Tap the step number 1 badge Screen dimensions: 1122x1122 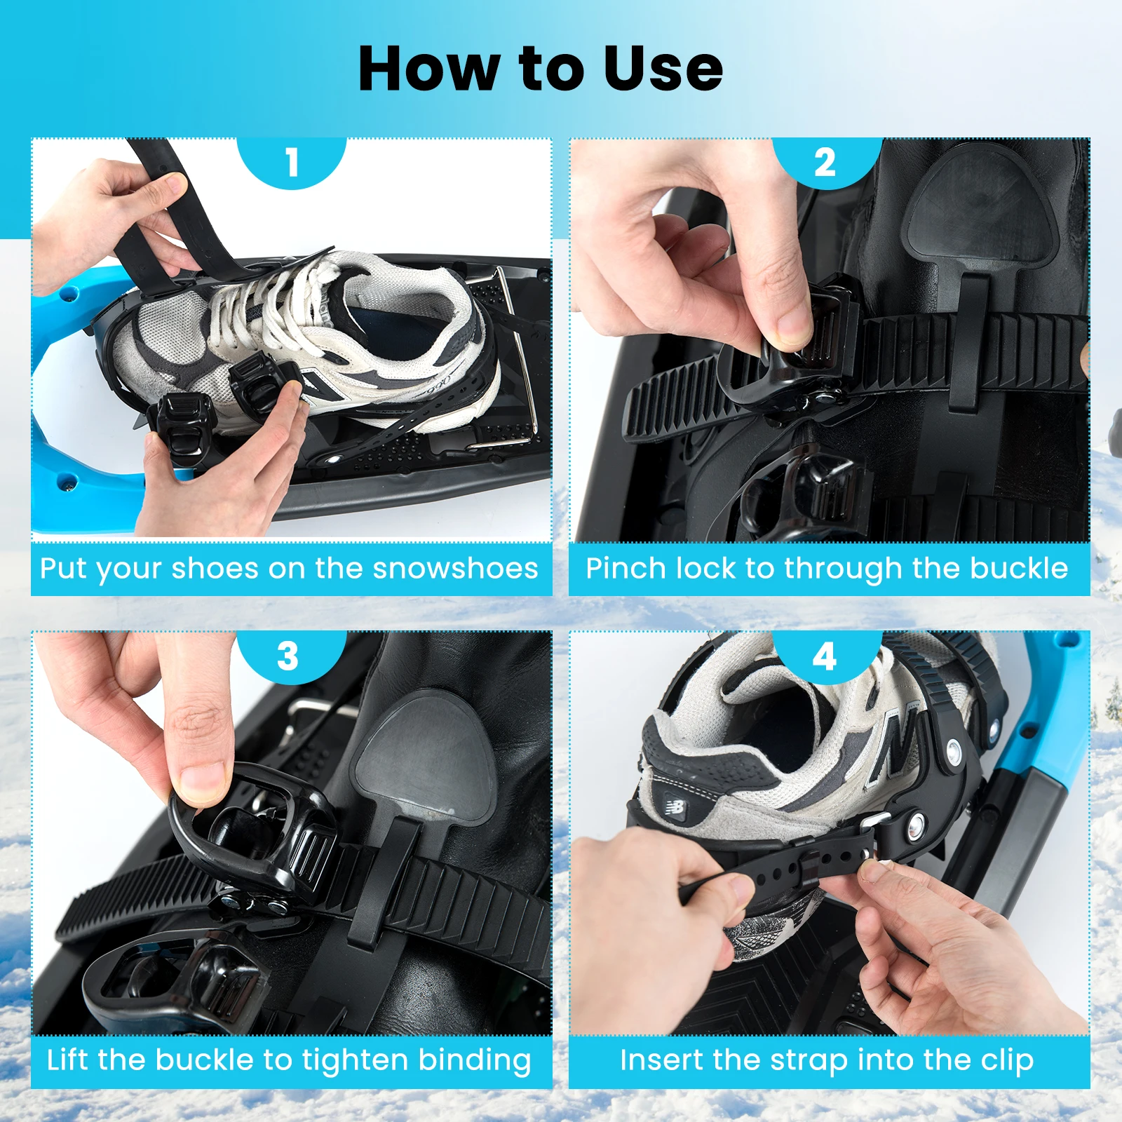pyautogui.click(x=292, y=162)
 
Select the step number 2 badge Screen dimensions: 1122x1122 pyautogui.click(x=825, y=162)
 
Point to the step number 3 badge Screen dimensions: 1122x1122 pyautogui.click(x=288, y=656)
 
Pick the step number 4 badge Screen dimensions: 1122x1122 pyautogui.click(x=825, y=656)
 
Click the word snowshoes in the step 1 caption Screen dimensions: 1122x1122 pyautogui.click(x=455, y=569)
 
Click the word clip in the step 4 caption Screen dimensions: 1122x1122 pyautogui.click(x=1007, y=1061)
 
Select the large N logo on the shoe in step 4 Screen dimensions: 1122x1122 pyautogui.click(x=899, y=745)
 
